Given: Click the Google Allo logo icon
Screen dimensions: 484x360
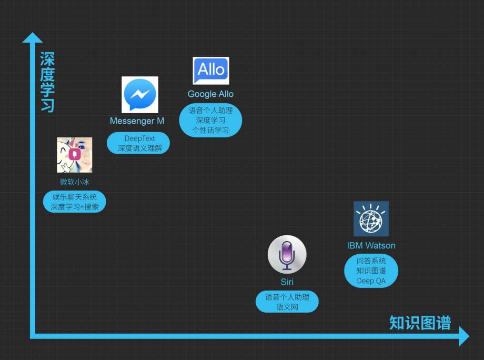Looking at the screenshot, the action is click(x=211, y=71).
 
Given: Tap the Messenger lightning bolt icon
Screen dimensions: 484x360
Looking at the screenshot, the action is click(x=140, y=95).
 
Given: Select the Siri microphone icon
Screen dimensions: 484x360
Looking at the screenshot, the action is click(x=287, y=254).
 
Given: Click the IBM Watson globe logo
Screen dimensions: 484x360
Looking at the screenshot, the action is click(x=371, y=218).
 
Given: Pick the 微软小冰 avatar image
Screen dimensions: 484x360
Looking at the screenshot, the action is click(x=74, y=155).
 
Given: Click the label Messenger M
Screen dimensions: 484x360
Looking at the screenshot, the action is click(x=137, y=121).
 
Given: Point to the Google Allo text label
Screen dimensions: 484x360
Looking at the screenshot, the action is click(x=210, y=94).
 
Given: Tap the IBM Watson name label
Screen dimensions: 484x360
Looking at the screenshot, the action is click(x=371, y=245).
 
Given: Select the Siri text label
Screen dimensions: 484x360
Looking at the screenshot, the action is click(x=287, y=282).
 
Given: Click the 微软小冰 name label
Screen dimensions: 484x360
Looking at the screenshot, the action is click(x=74, y=182).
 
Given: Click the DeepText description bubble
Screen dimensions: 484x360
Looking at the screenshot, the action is click(x=138, y=143).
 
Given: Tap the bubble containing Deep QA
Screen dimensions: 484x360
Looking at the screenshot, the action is click(x=371, y=271).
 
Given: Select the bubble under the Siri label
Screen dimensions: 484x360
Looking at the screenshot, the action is click(x=287, y=302).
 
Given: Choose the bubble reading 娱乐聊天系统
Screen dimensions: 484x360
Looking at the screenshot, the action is click(x=74, y=202).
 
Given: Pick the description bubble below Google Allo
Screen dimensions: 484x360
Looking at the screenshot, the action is click(x=210, y=120).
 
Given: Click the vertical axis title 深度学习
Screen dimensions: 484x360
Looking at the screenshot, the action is click(x=47, y=82).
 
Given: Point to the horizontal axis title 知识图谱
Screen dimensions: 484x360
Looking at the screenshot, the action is click(x=420, y=322).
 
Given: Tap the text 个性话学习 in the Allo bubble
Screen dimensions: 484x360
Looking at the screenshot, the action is click(x=210, y=130).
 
